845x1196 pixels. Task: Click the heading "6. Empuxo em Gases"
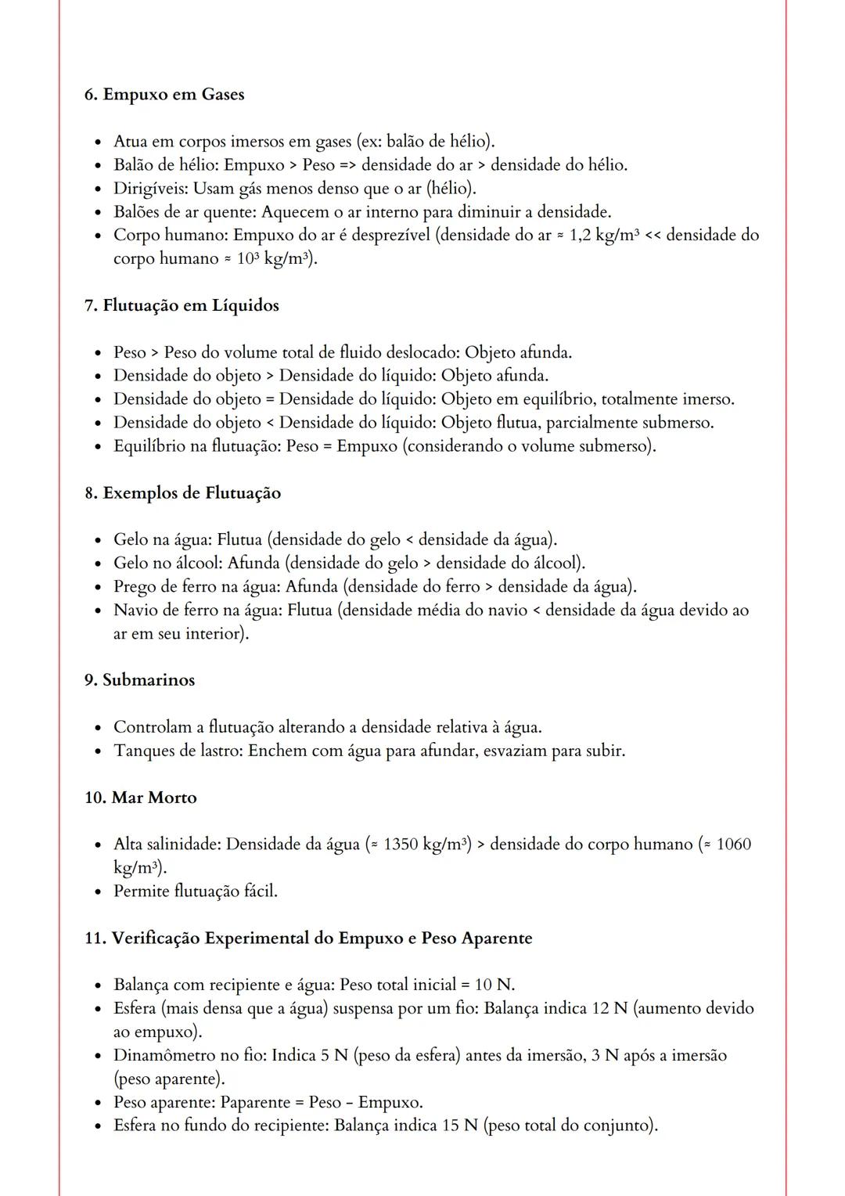(164, 95)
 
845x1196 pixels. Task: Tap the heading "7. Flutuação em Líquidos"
(182, 306)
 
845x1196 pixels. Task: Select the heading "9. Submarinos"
(139, 680)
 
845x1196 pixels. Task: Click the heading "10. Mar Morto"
(140, 798)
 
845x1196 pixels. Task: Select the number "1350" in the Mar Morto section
(400, 845)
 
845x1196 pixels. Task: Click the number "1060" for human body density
(733, 845)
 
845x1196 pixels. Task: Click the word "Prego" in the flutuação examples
(135, 587)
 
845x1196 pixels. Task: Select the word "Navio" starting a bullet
(135, 611)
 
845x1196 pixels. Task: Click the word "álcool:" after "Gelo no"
(197, 564)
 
